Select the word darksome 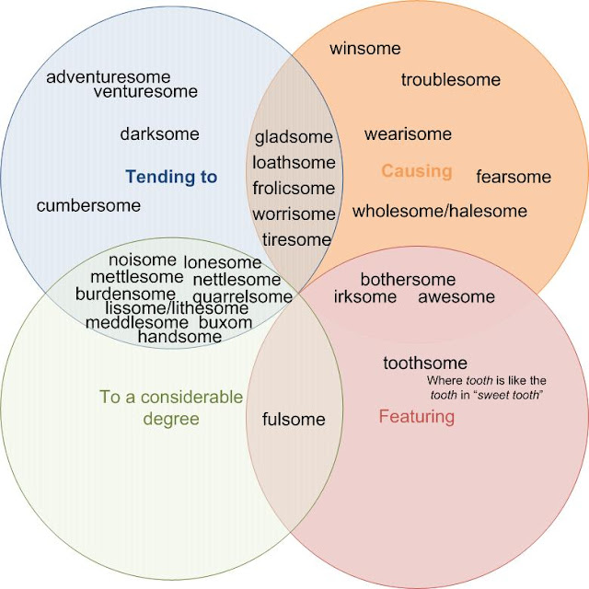click(159, 134)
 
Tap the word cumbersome click(88, 205)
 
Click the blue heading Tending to click(171, 176)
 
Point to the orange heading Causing click(416, 171)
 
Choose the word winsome click(364, 49)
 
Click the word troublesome click(450, 80)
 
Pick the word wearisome click(408, 134)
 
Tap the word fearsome click(513, 177)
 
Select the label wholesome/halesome click(439, 212)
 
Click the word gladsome click(294, 138)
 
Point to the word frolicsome click(294, 189)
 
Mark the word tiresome click(295, 239)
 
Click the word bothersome click(408, 280)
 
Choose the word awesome click(456, 297)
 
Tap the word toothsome click(425, 364)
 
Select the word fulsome click(294, 420)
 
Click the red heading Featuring click(416, 417)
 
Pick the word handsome click(179, 337)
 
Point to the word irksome click(364, 297)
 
